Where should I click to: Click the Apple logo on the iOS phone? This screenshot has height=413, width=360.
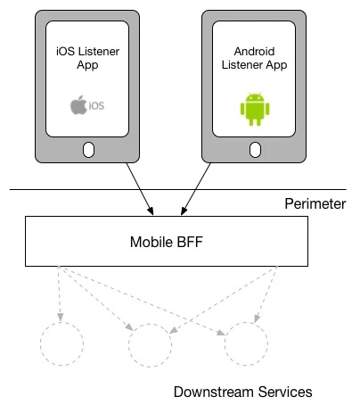tap(78, 104)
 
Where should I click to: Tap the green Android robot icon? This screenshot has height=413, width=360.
tap(255, 109)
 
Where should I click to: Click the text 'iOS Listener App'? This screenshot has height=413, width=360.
tap(87, 58)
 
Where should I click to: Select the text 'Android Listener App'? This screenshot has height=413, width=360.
tap(254, 58)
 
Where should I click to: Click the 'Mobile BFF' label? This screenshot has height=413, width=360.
tap(167, 242)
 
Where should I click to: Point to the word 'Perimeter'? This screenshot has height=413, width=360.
tap(315, 204)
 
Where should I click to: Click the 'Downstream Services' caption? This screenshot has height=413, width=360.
tap(242, 392)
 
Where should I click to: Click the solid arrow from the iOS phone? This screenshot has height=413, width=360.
tap(140, 188)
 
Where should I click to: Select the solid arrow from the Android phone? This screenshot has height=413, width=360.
tap(196, 188)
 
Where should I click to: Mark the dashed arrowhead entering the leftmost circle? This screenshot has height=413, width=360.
tap(61, 318)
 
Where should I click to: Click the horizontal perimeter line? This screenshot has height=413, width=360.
tap(178, 189)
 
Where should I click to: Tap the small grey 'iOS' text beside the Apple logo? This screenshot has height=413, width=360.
tap(96, 105)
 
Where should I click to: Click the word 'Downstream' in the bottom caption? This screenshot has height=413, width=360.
tap(215, 392)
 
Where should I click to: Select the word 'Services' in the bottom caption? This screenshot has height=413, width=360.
tap(285, 392)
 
